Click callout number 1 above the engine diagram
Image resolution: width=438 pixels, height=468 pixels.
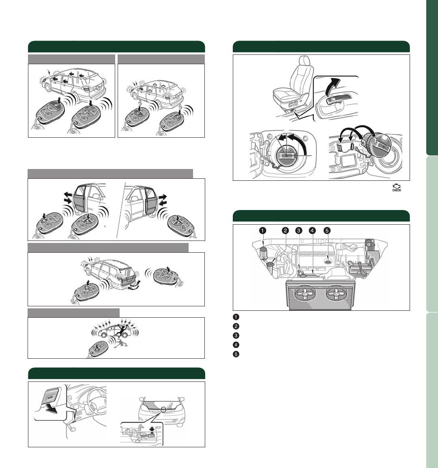[262, 230]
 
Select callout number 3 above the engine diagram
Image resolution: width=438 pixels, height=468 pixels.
[298, 230]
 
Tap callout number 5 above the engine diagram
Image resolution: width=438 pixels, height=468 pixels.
[327, 230]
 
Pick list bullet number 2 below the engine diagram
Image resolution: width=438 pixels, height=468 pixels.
[236, 326]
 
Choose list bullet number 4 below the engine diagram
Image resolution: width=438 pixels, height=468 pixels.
[236, 345]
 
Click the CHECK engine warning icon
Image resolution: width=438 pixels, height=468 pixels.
[397, 188]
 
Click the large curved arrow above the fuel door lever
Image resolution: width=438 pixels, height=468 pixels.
[332, 85]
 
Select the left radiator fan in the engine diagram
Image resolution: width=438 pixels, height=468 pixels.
[305, 294]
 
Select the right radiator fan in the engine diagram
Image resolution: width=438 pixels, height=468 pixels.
[336, 294]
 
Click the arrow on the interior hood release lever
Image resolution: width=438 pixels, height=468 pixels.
[50, 409]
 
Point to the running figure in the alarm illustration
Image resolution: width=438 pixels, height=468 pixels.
[123, 329]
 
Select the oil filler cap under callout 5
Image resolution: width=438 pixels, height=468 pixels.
[328, 262]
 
